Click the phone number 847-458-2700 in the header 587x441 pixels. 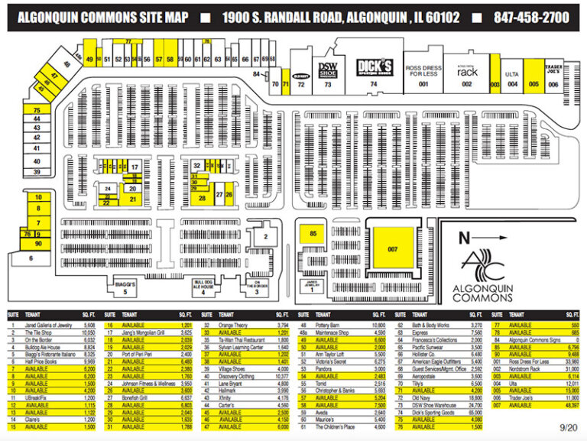pos(531,17)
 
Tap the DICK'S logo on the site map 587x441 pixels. pos(375,67)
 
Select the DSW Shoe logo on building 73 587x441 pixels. pos(329,69)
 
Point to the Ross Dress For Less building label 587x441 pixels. pos(423,71)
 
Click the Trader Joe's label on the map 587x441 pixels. pos(553,69)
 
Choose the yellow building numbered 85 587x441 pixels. pos(312,233)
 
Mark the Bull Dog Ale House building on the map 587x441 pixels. pos(203,287)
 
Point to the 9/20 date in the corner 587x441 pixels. pos(566,430)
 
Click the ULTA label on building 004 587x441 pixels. pos(512,74)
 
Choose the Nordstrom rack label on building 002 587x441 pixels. pos(467,71)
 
